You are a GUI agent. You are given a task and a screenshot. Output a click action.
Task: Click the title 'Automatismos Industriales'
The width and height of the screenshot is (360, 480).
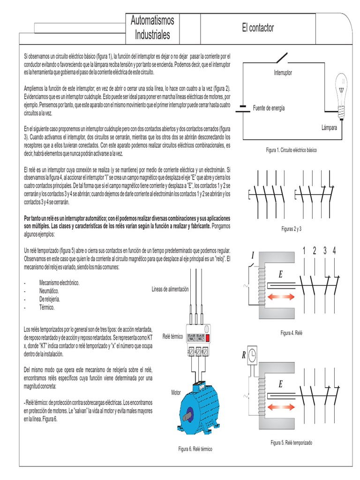point(152,28)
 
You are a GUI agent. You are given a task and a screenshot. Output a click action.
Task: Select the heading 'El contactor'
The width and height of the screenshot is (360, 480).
point(258,28)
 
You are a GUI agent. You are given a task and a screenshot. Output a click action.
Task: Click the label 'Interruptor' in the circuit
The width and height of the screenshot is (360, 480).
point(283,73)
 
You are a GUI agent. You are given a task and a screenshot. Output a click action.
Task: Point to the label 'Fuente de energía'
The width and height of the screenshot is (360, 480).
point(269,108)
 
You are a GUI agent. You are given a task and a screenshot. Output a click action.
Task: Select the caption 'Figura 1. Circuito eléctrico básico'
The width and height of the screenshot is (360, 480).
point(291,150)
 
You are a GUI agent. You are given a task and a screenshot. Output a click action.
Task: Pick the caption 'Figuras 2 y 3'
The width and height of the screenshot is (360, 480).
point(291,229)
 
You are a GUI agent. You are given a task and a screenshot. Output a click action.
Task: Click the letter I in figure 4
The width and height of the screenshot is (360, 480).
point(253,255)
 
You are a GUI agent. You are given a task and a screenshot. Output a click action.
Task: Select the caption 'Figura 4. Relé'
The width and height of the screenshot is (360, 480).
point(292,333)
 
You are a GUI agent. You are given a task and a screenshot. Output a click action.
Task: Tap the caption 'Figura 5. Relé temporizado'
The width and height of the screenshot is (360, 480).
point(291,443)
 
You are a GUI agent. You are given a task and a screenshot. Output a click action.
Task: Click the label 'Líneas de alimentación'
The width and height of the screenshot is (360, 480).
point(170,289)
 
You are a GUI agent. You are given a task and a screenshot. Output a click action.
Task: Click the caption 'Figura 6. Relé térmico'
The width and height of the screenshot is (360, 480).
point(195,449)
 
